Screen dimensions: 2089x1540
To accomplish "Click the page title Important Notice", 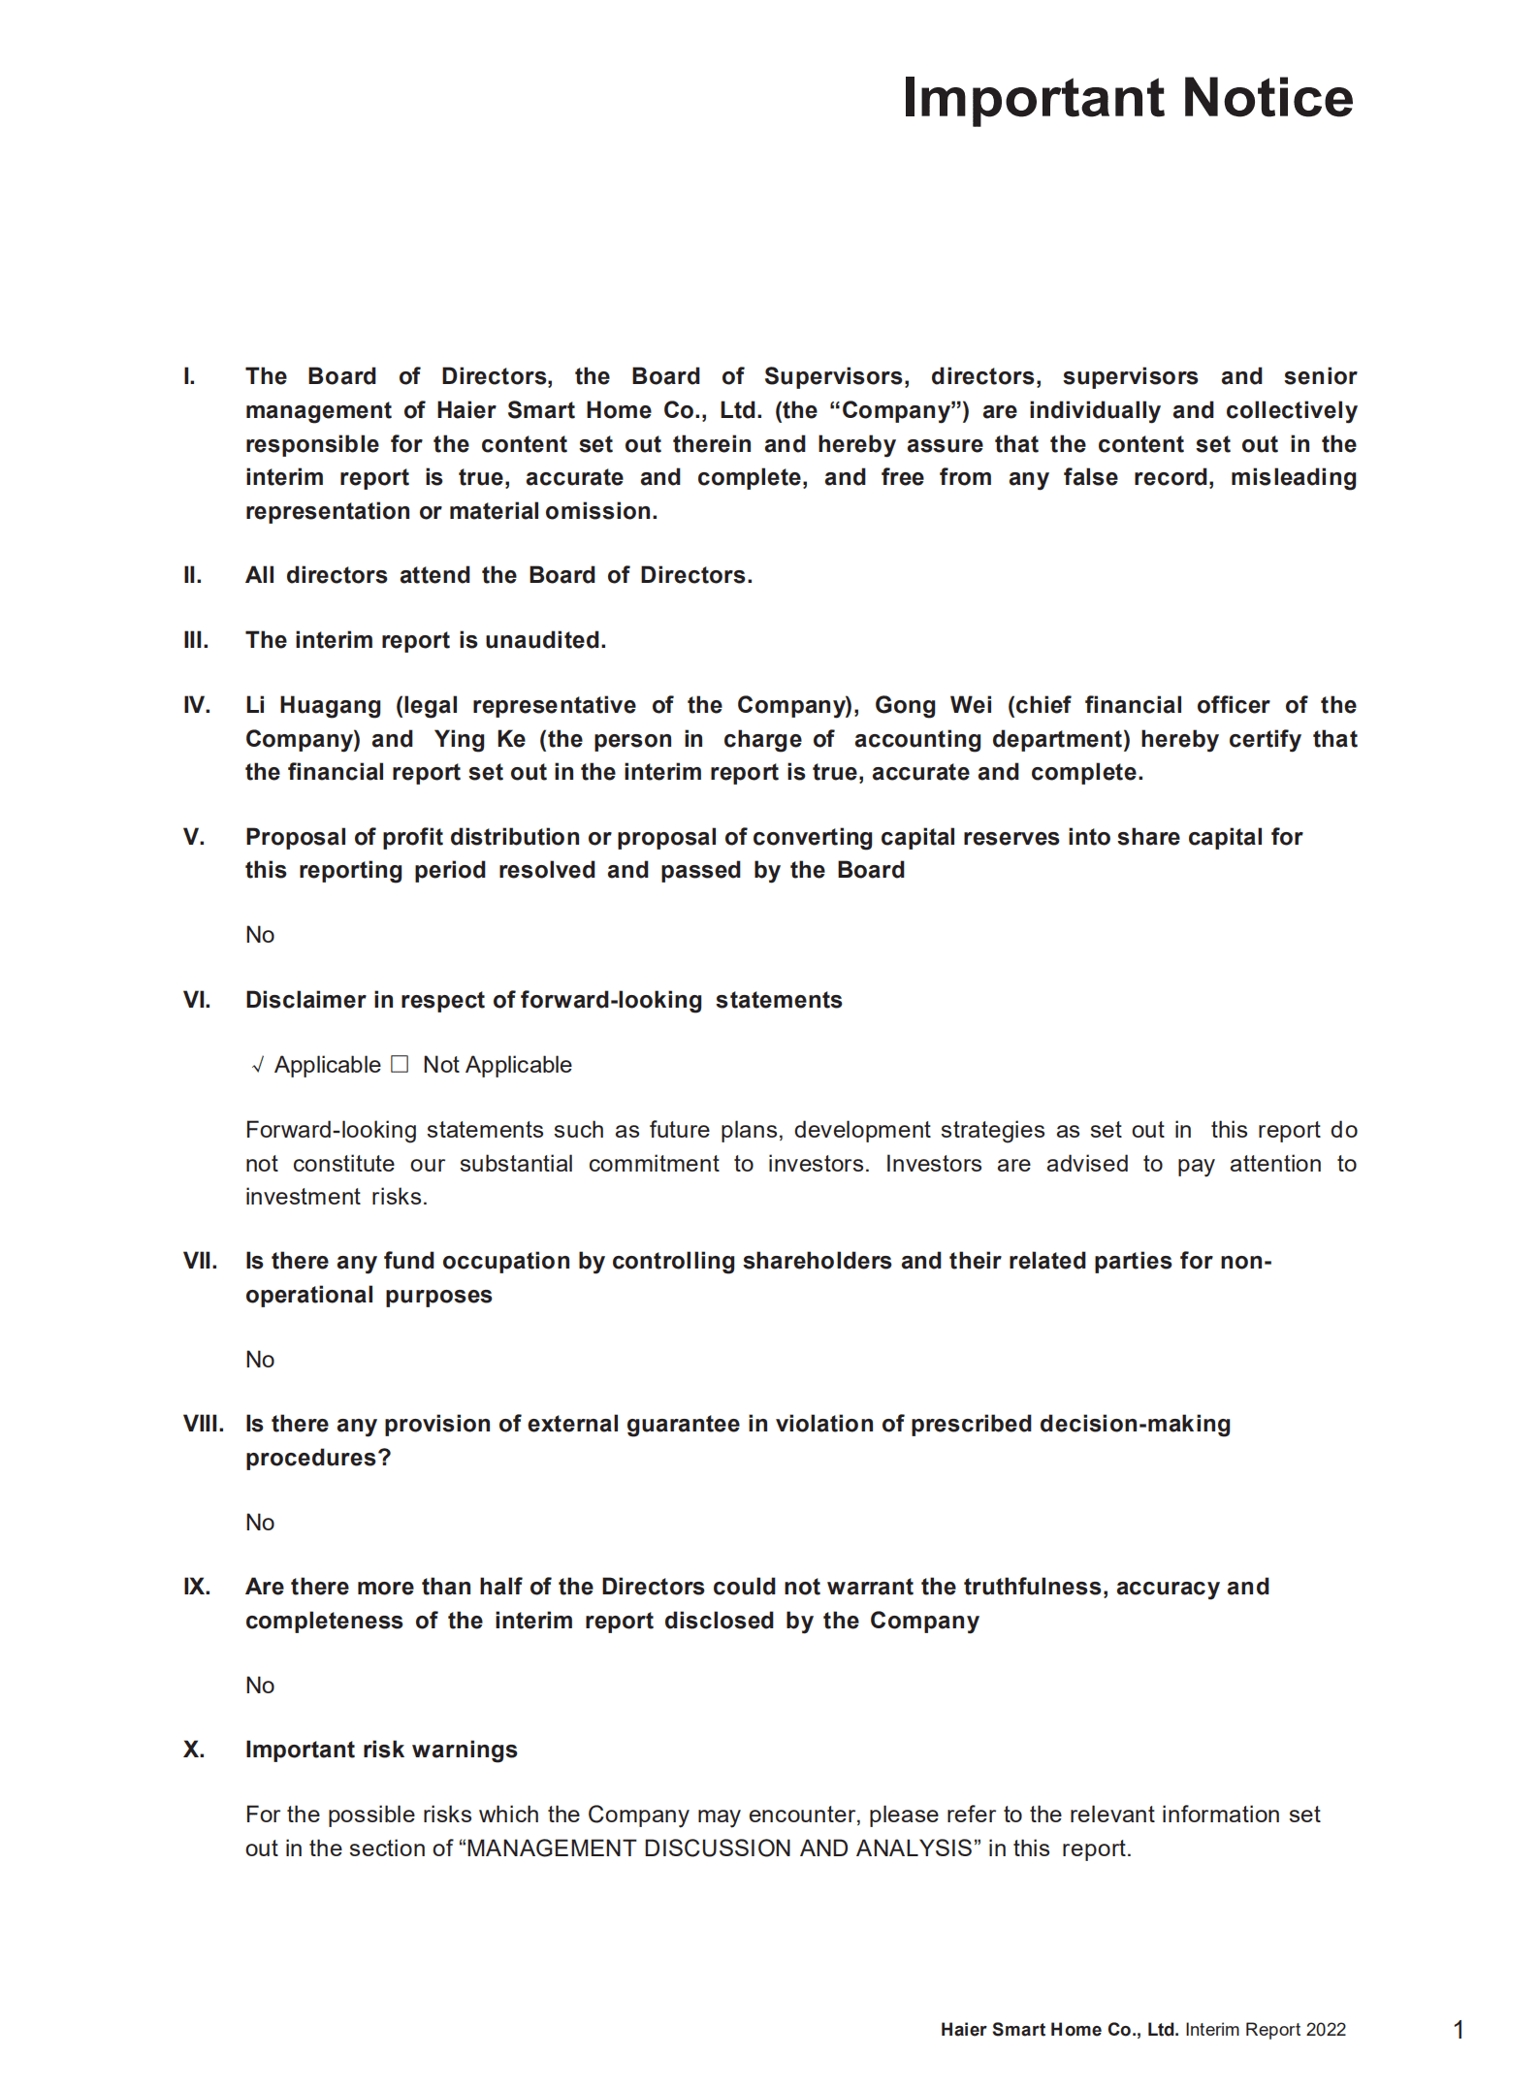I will point(1127,98).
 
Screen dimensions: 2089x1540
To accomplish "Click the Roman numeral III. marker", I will point(196,640).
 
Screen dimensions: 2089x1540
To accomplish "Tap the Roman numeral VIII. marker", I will point(203,1424).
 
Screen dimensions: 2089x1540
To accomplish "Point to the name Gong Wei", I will point(934,705).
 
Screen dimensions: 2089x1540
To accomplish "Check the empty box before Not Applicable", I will point(400,1065).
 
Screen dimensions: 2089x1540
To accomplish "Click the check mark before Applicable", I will point(258,1066).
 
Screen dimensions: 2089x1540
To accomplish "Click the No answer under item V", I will point(260,935).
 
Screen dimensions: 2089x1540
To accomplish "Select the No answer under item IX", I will point(260,1686).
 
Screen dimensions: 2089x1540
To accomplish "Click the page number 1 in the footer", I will point(1459,2030).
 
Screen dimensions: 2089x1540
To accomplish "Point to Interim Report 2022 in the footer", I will point(1265,2030).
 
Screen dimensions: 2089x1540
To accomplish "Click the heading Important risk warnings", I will point(381,1750).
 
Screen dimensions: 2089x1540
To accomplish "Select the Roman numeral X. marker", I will point(194,1750).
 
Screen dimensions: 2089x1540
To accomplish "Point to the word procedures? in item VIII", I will point(318,1458).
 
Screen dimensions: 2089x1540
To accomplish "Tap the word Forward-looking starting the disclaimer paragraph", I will point(331,1130).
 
